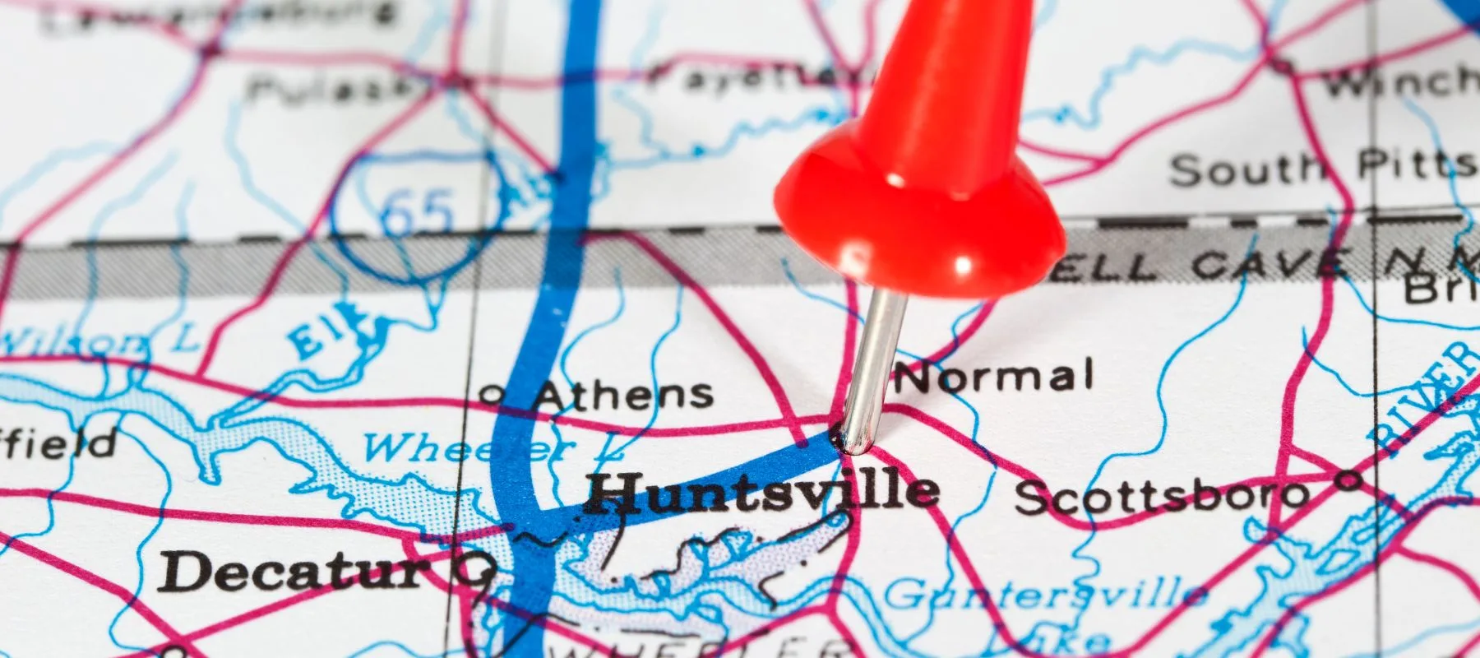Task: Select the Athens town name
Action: (x=623, y=395)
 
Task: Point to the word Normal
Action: (x=994, y=378)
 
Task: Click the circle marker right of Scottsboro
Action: (x=1348, y=478)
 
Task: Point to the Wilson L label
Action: (x=99, y=341)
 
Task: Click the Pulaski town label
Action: (x=329, y=86)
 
